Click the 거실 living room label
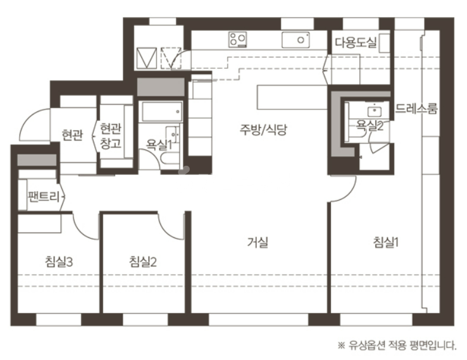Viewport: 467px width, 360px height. click(x=258, y=242)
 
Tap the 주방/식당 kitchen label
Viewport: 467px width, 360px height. click(x=263, y=130)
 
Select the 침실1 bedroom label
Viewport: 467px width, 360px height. click(x=386, y=242)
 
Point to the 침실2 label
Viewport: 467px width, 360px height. click(x=142, y=261)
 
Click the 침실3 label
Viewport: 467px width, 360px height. click(x=59, y=261)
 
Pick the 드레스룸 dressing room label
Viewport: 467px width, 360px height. click(x=416, y=109)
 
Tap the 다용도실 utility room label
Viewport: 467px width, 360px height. click(x=356, y=42)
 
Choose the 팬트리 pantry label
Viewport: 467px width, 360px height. click(x=44, y=196)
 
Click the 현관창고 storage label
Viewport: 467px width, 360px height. click(x=111, y=136)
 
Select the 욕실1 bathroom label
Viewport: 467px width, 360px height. click(x=159, y=145)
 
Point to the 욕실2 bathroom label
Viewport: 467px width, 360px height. click(x=370, y=127)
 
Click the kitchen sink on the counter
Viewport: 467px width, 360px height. click(x=296, y=40)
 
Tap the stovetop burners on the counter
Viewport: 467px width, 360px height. click(x=238, y=39)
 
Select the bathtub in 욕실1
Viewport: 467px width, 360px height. click(x=162, y=111)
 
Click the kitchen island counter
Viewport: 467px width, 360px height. click(x=292, y=97)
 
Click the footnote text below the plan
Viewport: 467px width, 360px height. click(x=397, y=345)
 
